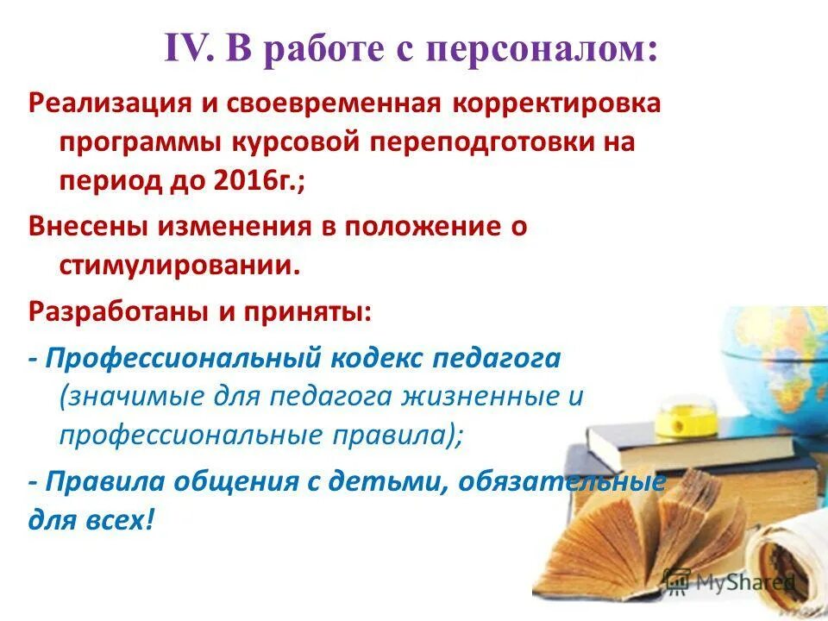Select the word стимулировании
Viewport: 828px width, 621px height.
[x=179, y=264]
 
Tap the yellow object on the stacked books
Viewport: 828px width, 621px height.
[x=673, y=421]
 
